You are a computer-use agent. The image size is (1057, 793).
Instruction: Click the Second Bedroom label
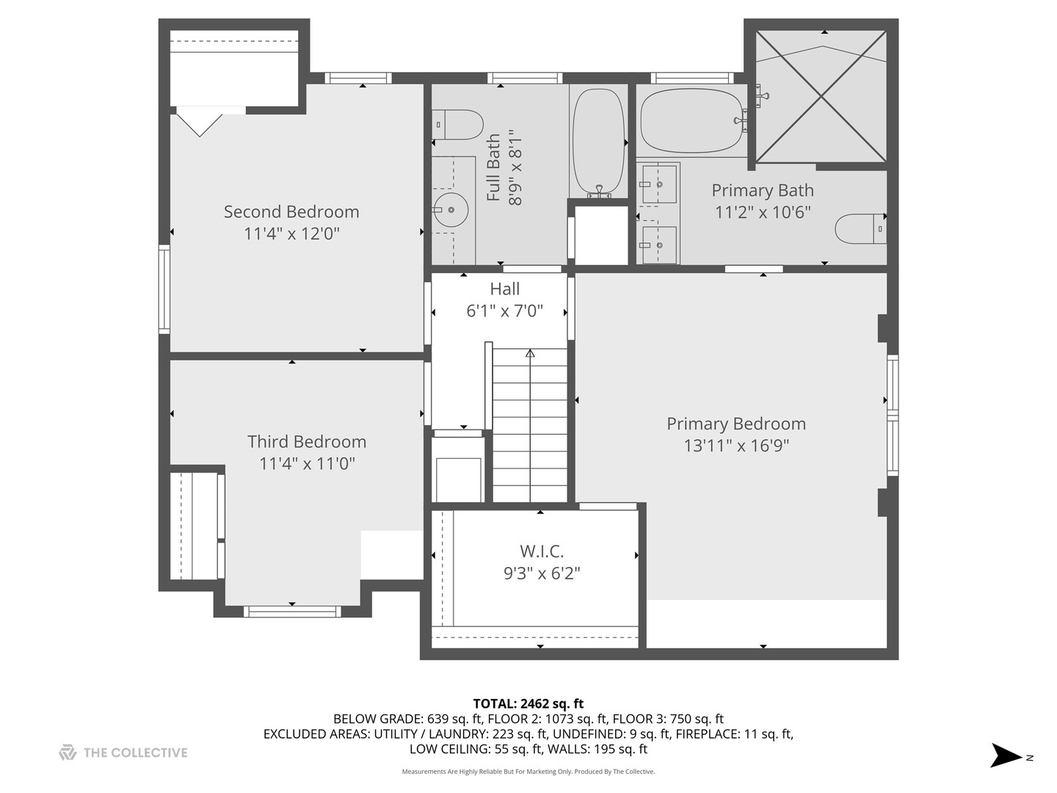(291, 211)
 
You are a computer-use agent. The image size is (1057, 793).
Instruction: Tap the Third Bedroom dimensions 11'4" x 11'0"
(307, 463)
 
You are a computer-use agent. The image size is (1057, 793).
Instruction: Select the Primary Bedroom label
(735, 424)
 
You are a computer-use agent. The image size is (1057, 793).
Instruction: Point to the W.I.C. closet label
(542, 551)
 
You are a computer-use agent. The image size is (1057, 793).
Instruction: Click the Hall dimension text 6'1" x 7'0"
(504, 311)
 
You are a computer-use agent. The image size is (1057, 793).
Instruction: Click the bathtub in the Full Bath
(598, 142)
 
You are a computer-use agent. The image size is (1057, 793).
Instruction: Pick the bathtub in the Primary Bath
(691, 120)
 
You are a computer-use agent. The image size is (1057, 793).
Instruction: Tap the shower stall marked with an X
(821, 96)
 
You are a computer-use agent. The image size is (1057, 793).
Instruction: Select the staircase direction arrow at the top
(530, 354)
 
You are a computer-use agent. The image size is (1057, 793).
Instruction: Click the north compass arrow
(1006, 756)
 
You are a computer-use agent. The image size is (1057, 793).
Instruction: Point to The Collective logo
(123, 753)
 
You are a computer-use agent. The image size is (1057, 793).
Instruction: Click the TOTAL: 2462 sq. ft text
(528, 703)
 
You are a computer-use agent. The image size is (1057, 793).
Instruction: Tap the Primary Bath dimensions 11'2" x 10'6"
(763, 212)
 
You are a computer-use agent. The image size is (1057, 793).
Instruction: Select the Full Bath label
(494, 167)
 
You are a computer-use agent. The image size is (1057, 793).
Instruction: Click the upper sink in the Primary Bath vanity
(659, 184)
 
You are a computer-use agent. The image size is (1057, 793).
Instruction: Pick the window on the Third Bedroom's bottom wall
(292, 611)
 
